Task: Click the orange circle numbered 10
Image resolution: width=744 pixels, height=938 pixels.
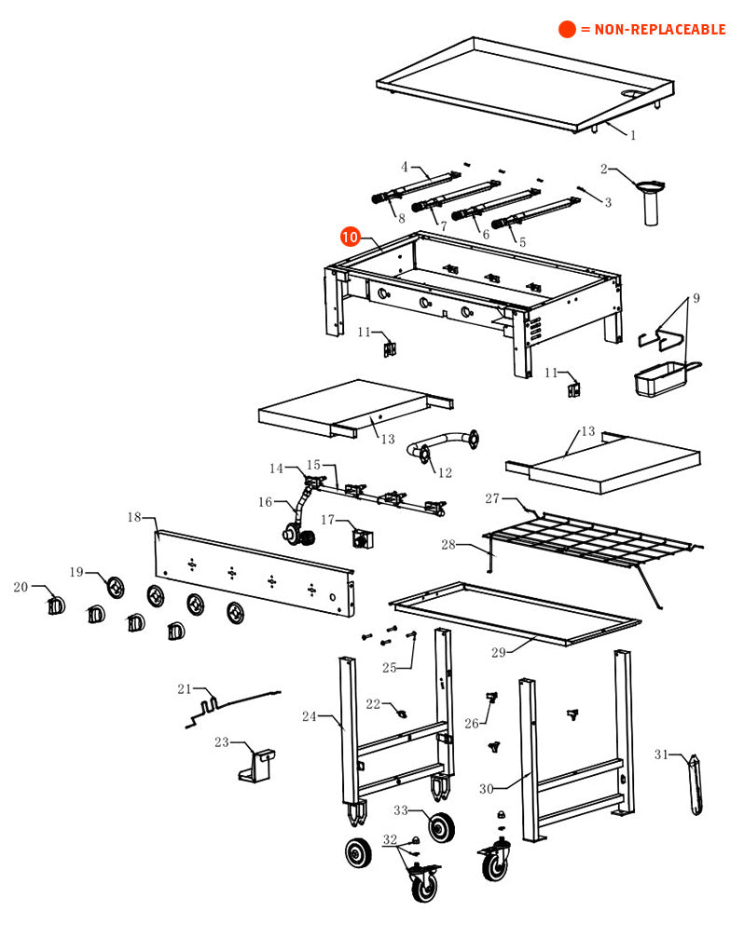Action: pos(350,237)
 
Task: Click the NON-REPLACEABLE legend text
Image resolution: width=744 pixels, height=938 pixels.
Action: pos(653,30)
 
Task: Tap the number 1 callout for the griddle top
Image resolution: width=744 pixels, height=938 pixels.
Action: pos(633,135)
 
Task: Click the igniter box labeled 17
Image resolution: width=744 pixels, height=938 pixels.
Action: pos(360,538)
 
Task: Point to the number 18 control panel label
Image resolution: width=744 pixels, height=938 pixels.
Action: pos(134,517)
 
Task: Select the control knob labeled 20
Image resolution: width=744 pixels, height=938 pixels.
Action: pos(55,605)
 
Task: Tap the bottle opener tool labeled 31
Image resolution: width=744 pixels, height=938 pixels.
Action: pos(696,786)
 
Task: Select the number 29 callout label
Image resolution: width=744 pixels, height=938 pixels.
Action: pos(499,652)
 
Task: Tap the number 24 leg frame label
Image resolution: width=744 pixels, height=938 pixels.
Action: pos(310,716)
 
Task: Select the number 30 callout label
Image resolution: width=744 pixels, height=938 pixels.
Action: pos(486,789)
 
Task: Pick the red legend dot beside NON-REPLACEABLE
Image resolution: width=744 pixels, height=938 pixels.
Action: pos(567,30)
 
